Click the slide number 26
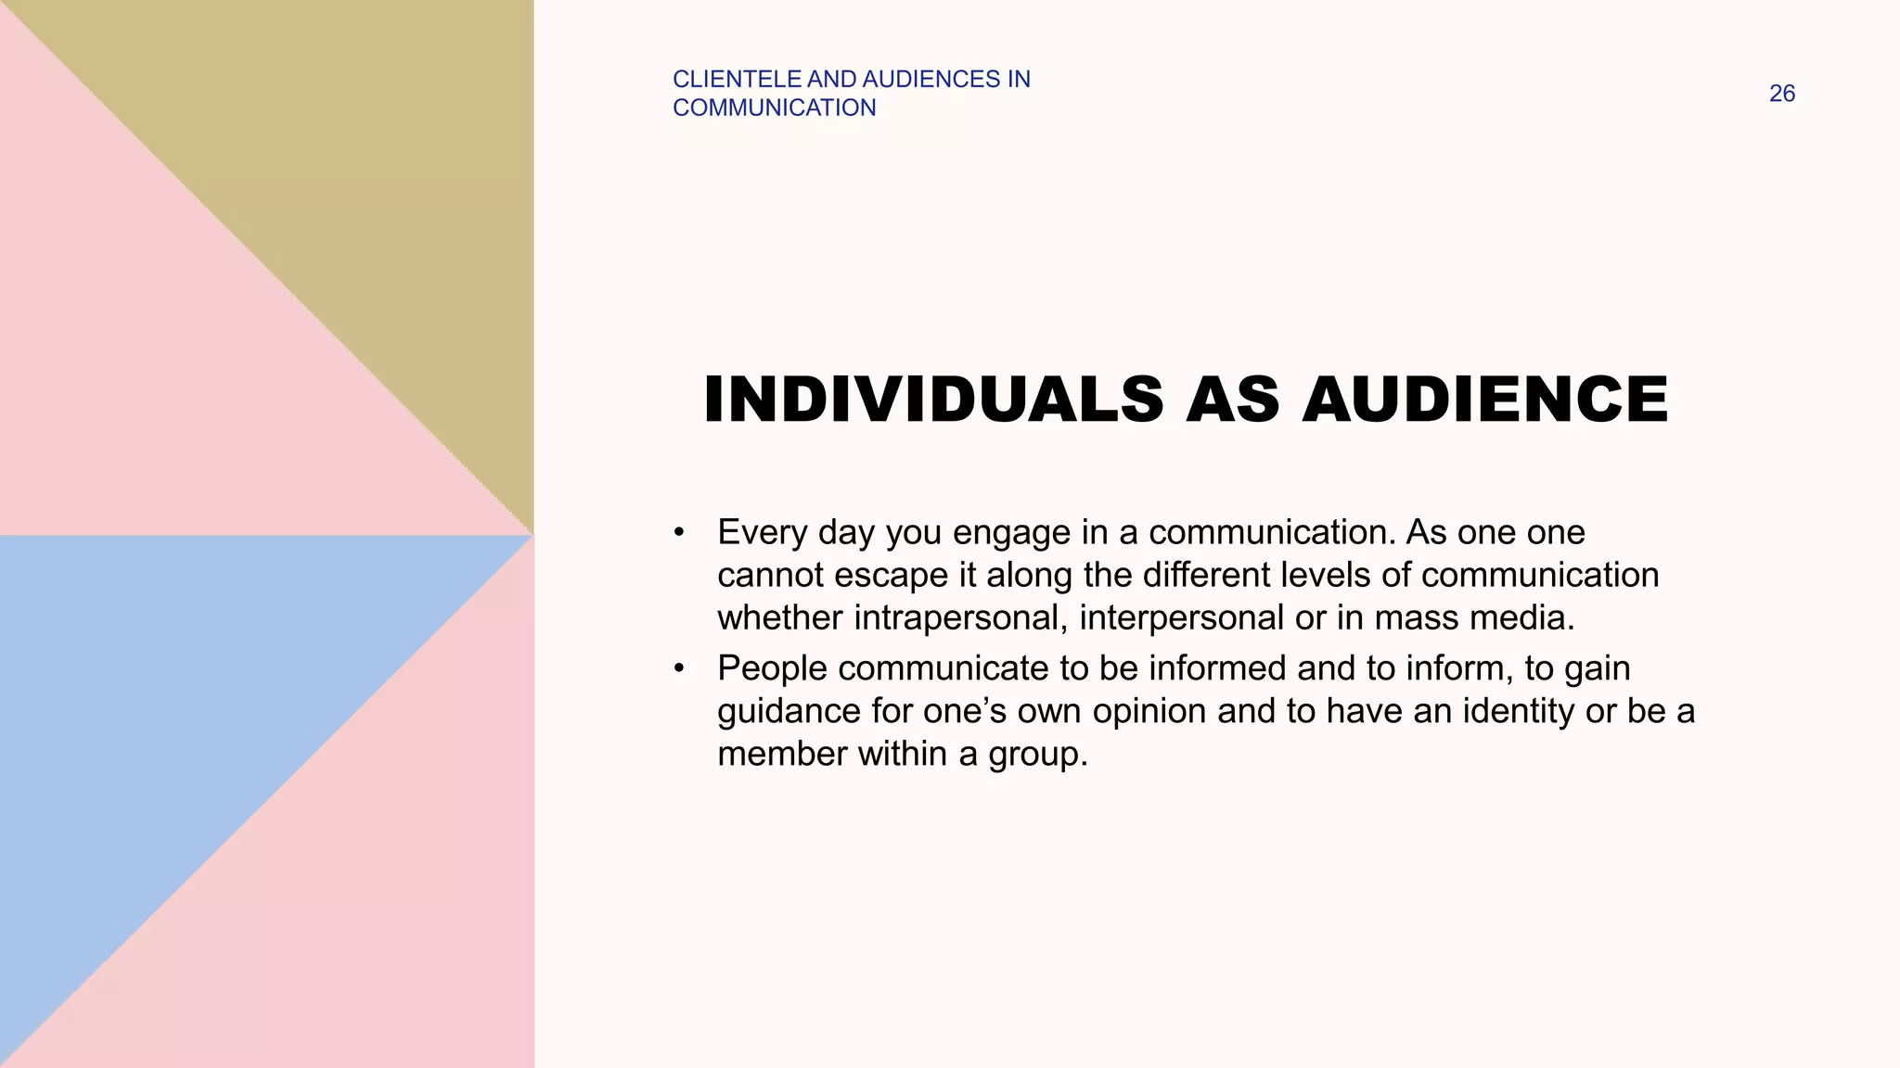tap(1781, 94)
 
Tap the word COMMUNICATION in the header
tap(774, 108)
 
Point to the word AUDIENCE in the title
tap(1485, 400)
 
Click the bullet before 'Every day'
tap(679, 533)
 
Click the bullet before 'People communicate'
tap(679, 668)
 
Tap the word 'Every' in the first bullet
tap(763, 533)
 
